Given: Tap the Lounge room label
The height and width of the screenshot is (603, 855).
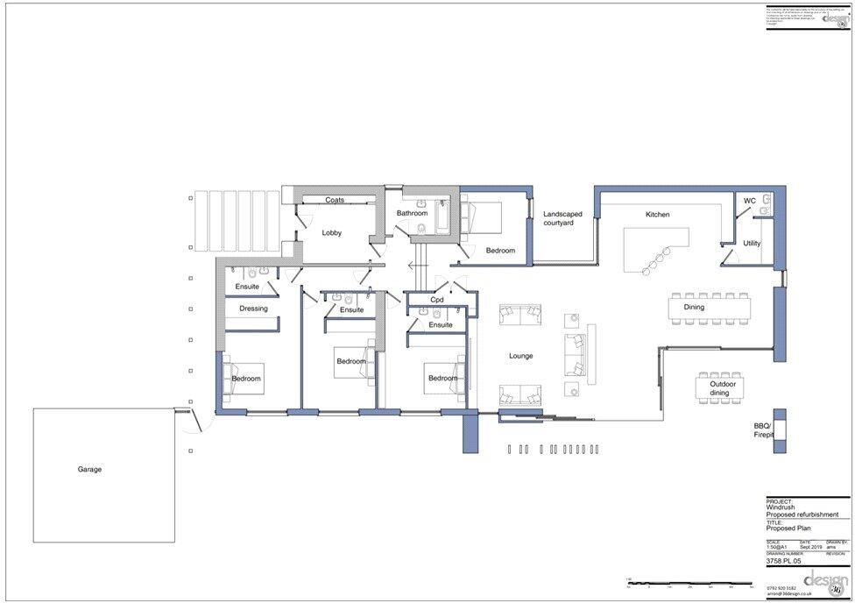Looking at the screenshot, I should tap(521, 356).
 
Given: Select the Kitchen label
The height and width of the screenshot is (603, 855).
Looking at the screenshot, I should tap(657, 215).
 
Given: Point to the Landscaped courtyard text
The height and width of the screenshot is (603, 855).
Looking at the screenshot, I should tap(558, 218).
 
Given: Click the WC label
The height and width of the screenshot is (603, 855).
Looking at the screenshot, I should tap(749, 202).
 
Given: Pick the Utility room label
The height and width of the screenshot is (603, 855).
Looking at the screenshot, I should tap(752, 243).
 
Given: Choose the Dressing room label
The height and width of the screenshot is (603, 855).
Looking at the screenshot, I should tap(253, 309).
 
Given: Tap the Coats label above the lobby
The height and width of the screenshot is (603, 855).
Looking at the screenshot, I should tap(334, 200).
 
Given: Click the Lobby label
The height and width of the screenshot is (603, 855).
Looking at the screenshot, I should tap(331, 232).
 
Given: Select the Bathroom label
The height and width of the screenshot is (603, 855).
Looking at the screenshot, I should tap(412, 213).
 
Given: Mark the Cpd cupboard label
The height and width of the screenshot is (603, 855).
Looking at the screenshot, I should tap(436, 300).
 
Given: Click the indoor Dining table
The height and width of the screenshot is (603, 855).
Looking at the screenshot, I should tap(710, 308).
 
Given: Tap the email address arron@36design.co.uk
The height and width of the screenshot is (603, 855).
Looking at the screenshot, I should tap(793, 593).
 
